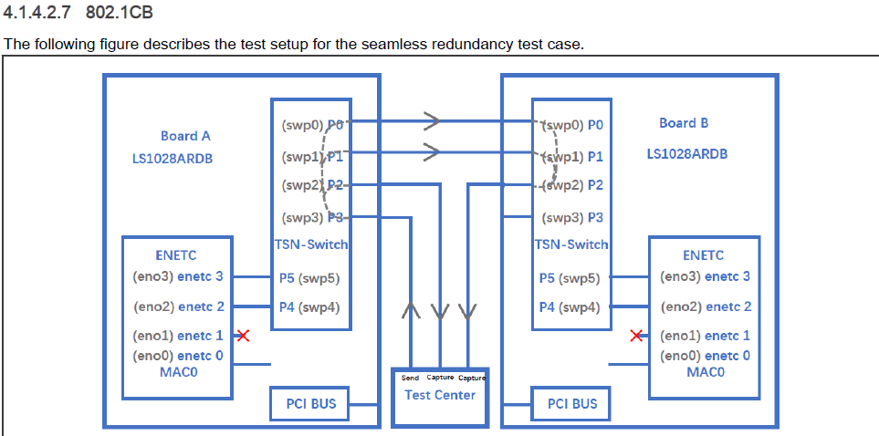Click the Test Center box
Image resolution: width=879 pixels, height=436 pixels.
click(440, 396)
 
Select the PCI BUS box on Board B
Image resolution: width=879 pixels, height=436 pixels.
click(571, 403)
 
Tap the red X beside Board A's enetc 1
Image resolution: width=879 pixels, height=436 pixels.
click(244, 336)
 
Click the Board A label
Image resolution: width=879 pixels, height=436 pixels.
click(185, 136)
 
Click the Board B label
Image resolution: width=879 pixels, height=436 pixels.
click(684, 123)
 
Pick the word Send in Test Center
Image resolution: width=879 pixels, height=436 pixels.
click(410, 378)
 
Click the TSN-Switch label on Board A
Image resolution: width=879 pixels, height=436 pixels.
click(311, 244)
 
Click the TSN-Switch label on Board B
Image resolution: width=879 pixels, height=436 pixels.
click(571, 244)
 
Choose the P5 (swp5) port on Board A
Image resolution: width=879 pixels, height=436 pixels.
click(309, 279)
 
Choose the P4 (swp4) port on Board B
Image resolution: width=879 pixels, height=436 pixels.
click(569, 307)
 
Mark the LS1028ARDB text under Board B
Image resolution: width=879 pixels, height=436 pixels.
click(687, 153)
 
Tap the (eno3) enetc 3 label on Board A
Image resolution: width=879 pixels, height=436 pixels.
click(178, 276)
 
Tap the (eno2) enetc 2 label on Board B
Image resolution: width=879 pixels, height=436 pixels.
click(706, 307)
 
